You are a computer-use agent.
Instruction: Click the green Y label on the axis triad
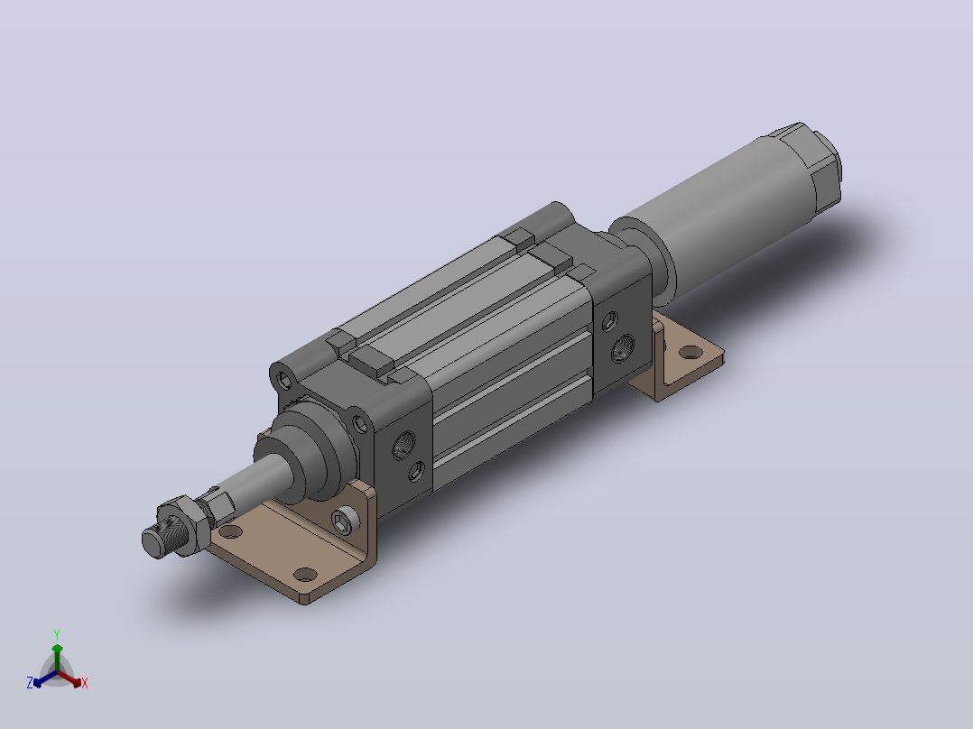57,634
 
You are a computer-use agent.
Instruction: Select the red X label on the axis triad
85,683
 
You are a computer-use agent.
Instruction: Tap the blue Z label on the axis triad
30,683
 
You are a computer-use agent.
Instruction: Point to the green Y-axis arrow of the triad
57,658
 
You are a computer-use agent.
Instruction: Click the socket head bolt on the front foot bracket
344,520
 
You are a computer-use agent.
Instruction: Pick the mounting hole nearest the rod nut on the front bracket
230,531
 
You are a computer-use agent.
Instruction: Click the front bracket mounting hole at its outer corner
305,575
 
